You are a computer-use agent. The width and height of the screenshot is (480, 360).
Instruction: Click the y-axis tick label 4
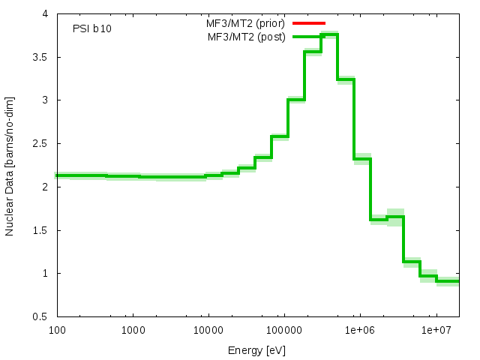coord(46,13)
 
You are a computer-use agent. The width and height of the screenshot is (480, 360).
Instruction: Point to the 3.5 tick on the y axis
coord(41,57)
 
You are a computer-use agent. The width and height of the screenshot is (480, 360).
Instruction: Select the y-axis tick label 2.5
coord(41,143)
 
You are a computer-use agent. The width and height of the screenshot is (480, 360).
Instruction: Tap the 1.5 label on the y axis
coord(41,230)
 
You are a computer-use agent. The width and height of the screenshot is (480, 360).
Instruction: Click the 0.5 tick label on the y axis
coord(41,316)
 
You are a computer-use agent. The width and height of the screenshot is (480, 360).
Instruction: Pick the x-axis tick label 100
coord(56,330)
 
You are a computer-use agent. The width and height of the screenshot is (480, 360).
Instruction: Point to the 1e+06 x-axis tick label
coord(360,330)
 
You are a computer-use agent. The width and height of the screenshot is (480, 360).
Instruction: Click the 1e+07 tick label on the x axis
coord(436,330)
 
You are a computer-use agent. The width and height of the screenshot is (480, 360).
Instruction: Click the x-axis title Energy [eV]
coord(257,350)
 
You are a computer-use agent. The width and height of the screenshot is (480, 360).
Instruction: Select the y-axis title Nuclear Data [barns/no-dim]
coord(10,165)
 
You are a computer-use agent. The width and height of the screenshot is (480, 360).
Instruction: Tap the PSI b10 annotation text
coord(93,29)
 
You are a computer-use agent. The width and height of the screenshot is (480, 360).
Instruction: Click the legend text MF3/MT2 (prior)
coord(246,23)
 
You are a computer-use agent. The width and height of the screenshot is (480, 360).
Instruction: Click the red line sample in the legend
coord(309,23)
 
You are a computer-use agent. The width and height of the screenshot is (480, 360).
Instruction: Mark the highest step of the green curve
coord(329,34)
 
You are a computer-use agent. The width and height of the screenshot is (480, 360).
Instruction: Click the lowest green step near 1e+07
coord(448,281)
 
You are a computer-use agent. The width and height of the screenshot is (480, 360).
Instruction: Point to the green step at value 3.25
coord(346,79)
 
